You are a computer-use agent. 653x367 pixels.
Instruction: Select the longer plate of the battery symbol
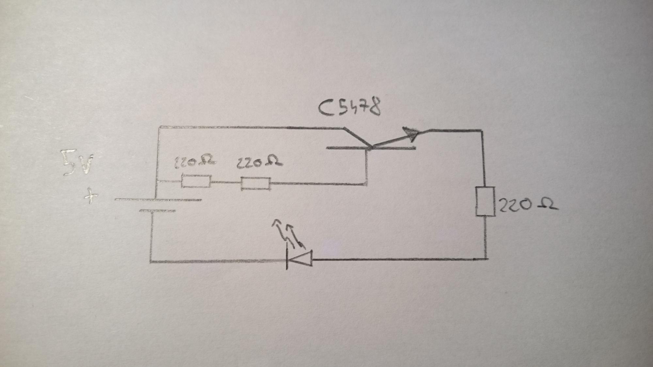coord(158,200)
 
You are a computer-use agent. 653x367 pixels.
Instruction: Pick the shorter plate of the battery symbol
coord(157,211)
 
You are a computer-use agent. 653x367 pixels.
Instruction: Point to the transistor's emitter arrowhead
coord(411,133)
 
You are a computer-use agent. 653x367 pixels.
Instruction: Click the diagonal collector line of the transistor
coord(356,137)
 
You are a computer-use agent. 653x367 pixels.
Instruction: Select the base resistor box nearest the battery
coord(196,181)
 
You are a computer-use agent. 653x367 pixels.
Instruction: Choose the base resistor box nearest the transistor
coord(256,184)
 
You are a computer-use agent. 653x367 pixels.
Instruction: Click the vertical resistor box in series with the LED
coord(485,201)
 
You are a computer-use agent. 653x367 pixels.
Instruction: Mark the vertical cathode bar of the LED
coord(287,259)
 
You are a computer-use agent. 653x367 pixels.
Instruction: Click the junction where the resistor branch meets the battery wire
coord(157,181)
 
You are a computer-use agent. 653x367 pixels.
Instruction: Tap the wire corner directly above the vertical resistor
coord(482,130)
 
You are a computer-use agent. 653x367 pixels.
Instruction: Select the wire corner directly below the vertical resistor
coord(486,259)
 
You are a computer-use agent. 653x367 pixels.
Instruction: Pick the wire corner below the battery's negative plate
coord(151,261)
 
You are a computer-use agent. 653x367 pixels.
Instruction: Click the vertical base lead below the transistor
coord(367,166)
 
